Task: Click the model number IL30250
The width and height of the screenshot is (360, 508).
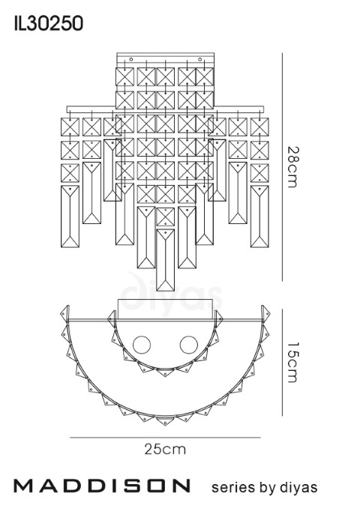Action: pos(49,24)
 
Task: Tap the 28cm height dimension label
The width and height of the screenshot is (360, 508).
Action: pos(292,167)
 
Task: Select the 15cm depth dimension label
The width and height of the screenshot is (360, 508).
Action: pos(292,362)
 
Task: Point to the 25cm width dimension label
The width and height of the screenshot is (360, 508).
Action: pos(165,449)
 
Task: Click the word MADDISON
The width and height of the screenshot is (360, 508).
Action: pos(101,486)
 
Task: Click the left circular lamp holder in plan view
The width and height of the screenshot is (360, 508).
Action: pos(142,345)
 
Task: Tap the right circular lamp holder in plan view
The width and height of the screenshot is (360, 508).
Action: pos(189,345)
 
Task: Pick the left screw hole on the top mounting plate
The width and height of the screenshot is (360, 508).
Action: pos(131,59)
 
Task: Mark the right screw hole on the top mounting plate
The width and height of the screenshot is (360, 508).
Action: pos(199,59)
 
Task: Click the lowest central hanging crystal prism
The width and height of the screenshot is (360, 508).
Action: pos(166,260)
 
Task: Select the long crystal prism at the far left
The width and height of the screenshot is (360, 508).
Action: pos(70,217)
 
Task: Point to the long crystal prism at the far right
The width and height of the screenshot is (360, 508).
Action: pos(259,217)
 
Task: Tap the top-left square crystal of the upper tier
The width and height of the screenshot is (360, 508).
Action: pos(124,76)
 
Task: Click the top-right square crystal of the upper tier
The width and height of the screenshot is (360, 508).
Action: pos(205,76)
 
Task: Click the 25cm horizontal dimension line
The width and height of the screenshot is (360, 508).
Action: pos(165,438)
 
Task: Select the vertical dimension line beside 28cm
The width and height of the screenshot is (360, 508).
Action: pos(283,167)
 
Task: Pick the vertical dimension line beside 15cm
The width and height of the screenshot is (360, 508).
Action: pos(283,362)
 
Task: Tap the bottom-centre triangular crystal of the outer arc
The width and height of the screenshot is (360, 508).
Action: pos(165,421)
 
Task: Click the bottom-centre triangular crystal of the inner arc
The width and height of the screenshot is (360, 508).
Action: pos(165,372)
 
